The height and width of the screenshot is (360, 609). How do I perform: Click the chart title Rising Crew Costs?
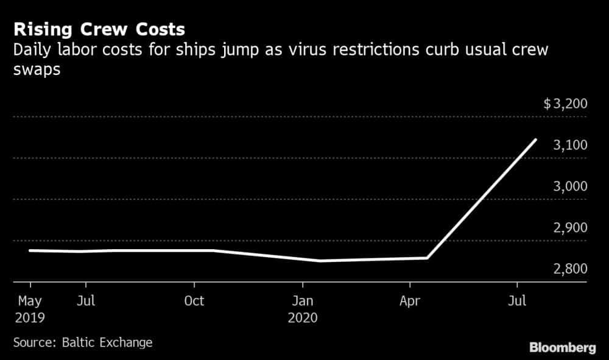tap(99, 29)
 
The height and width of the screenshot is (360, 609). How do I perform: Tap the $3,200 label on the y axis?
tap(566, 104)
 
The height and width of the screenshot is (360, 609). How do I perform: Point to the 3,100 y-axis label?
tap(570, 145)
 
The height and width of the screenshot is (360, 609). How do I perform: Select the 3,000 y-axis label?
tap(570, 186)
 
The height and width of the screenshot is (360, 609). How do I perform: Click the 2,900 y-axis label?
tap(570, 228)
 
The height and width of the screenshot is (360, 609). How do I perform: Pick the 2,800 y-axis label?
tap(570, 269)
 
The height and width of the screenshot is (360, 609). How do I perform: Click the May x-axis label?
tap(30, 302)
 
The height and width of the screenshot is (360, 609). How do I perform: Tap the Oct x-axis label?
tap(194, 301)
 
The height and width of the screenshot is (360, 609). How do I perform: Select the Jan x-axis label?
tap(303, 301)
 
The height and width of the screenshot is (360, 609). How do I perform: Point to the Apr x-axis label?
tap(410, 302)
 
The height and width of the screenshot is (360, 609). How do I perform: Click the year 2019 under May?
tap(30, 318)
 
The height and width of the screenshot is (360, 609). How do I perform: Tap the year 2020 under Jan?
tap(303, 318)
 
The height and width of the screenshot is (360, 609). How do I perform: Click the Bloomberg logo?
tap(562, 348)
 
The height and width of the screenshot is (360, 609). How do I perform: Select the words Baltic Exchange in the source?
tap(107, 342)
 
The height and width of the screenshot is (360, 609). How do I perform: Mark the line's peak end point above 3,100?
tap(535, 139)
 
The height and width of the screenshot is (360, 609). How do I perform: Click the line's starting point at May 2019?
tap(30, 250)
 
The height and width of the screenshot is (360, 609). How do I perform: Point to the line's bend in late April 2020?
tap(427, 258)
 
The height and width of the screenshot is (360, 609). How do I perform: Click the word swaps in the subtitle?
tap(37, 70)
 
